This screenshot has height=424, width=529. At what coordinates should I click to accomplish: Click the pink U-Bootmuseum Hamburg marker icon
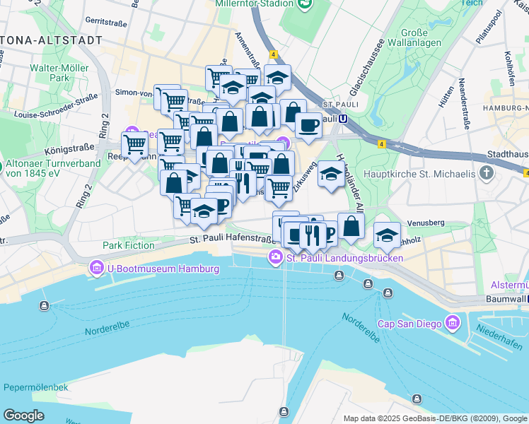pyautogui.click(x=96, y=269)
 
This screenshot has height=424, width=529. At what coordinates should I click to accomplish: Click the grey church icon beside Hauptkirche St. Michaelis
pyautogui.click(x=486, y=173)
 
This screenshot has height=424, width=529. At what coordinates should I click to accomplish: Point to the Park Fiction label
pyautogui.click(x=128, y=245)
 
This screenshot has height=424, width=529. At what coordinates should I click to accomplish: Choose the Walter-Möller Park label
pyautogui.click(x=54, y=74)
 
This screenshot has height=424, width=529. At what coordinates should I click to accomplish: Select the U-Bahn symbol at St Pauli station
pyautogui.click(x=343, y=119)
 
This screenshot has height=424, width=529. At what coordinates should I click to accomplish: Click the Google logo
pyautogui.click(x=24, y=415)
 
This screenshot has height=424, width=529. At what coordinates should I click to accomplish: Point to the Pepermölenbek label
pyautogui.click(x=35, y=387)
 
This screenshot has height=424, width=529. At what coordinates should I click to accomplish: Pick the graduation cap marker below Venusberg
pyautogui.click(x=387, y=235)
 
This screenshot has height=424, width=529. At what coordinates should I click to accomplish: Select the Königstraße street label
pyautogui.click(x=69, y=151)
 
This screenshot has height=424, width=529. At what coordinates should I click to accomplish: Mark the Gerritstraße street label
pyautogui.click(x=107, y=22)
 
